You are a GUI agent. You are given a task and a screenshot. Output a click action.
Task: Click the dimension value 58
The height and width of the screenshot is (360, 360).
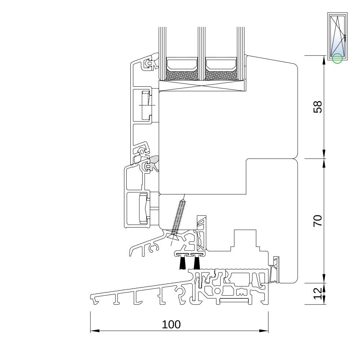318,107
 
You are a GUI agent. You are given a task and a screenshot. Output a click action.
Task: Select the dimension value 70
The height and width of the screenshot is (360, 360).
318,221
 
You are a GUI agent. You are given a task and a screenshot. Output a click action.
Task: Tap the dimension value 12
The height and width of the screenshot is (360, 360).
318,294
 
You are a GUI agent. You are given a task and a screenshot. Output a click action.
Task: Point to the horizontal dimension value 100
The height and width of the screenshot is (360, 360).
171,324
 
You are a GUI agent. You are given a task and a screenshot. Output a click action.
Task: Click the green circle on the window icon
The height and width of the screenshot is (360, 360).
337,58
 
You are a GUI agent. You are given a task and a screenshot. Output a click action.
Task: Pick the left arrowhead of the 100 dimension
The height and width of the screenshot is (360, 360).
95,331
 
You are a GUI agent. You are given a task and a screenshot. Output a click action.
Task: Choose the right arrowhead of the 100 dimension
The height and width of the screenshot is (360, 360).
264,331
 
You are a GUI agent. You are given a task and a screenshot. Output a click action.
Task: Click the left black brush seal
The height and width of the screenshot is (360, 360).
183,263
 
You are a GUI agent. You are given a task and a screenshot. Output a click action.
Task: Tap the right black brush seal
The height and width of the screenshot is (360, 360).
197,263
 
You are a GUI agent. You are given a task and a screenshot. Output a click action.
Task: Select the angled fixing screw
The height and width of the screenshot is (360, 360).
177,220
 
